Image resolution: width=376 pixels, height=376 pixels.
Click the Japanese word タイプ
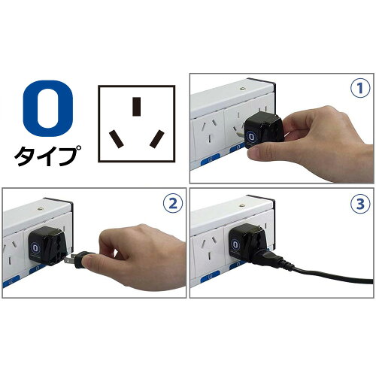click(x=47, y=156)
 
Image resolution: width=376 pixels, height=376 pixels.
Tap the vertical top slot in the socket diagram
click(x=136, y=107)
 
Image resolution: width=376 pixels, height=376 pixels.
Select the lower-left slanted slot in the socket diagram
click(x=116, y=138)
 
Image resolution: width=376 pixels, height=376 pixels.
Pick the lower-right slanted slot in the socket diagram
click(x=157, y=138)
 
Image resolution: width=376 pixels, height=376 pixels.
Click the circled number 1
click(x=360, y=88)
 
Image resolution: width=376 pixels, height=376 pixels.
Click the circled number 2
click(x=173, y=204)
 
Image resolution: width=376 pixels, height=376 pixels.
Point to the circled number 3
click(x=360, y=204)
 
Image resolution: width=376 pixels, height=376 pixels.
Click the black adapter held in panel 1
click(x=264, y=131)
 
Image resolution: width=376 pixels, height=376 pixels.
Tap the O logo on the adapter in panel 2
click(x=35, y=248)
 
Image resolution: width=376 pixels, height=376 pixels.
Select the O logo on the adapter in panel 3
click(x=235, y=244)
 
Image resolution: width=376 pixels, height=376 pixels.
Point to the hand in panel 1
click(x=311, y=143)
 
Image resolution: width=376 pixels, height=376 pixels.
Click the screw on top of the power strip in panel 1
click(x=242, y=89)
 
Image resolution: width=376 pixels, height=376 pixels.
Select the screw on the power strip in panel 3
click(x=242, y=205)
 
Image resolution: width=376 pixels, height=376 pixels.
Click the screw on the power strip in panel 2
click(x=40, y=208)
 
